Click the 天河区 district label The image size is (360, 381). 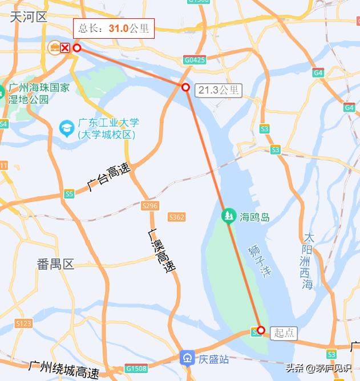(29, 17)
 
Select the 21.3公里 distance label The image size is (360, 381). (219, 90)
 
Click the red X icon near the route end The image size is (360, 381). (65, 47)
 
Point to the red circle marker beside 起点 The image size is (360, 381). (261, 330)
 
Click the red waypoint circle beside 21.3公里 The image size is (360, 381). (185, 87)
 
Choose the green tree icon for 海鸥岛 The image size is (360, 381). (228, 216)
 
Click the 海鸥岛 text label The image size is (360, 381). (254, 217)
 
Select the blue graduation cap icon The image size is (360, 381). (66, 128)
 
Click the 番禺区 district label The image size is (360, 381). (56, 264)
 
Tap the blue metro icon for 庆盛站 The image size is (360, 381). (187, 358)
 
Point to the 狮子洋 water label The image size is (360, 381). (260, 260)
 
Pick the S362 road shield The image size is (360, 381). (176, 217)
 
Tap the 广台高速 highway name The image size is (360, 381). (108, 177)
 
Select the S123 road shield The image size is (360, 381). (23, 323)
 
